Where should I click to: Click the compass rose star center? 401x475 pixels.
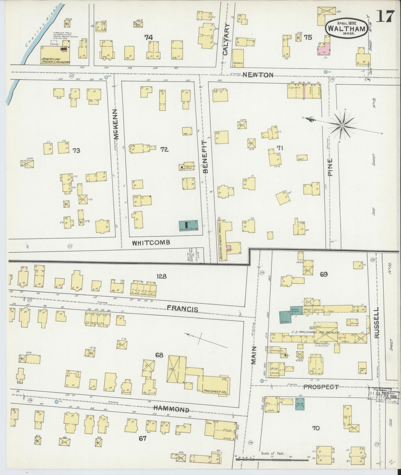pos(342,126)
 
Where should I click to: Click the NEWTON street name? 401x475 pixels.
pos(258,75)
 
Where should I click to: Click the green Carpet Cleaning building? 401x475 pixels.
pos(188,226)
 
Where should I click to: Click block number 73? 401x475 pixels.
pos(76,150)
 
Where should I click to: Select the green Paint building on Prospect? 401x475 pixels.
pos(299,404)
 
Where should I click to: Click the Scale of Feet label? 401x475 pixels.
pos(272,453)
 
